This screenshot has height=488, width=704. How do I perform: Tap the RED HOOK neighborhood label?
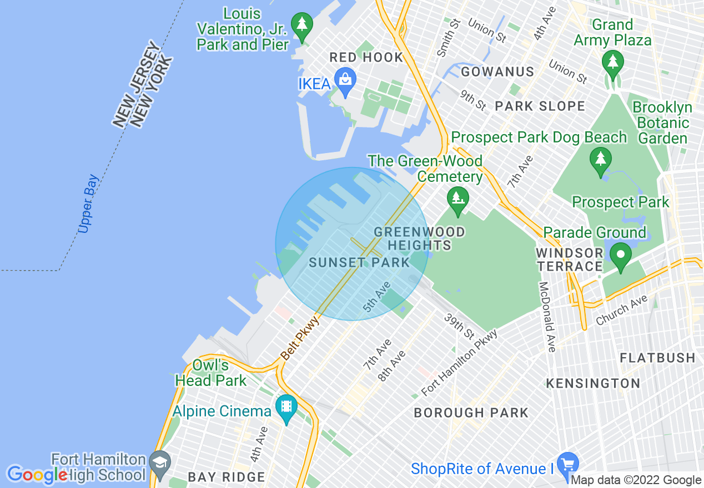point(366,57)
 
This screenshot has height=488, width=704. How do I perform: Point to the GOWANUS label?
point(497,72)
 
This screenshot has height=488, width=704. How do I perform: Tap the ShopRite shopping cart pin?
point(567,464)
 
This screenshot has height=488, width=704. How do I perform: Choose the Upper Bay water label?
point(88,204)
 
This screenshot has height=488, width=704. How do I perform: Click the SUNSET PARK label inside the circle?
point(359,262)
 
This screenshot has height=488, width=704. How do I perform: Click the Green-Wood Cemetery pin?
point(457,199)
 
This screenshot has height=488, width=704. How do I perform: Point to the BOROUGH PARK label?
point(471,413)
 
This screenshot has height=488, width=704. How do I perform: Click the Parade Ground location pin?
point(621,256)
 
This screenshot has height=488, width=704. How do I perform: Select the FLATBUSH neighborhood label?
point(657,358)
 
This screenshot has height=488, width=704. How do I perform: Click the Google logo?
point(38,475)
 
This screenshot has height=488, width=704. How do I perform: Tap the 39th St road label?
point(459,327)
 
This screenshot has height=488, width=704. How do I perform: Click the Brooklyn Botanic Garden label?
point(662,123)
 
